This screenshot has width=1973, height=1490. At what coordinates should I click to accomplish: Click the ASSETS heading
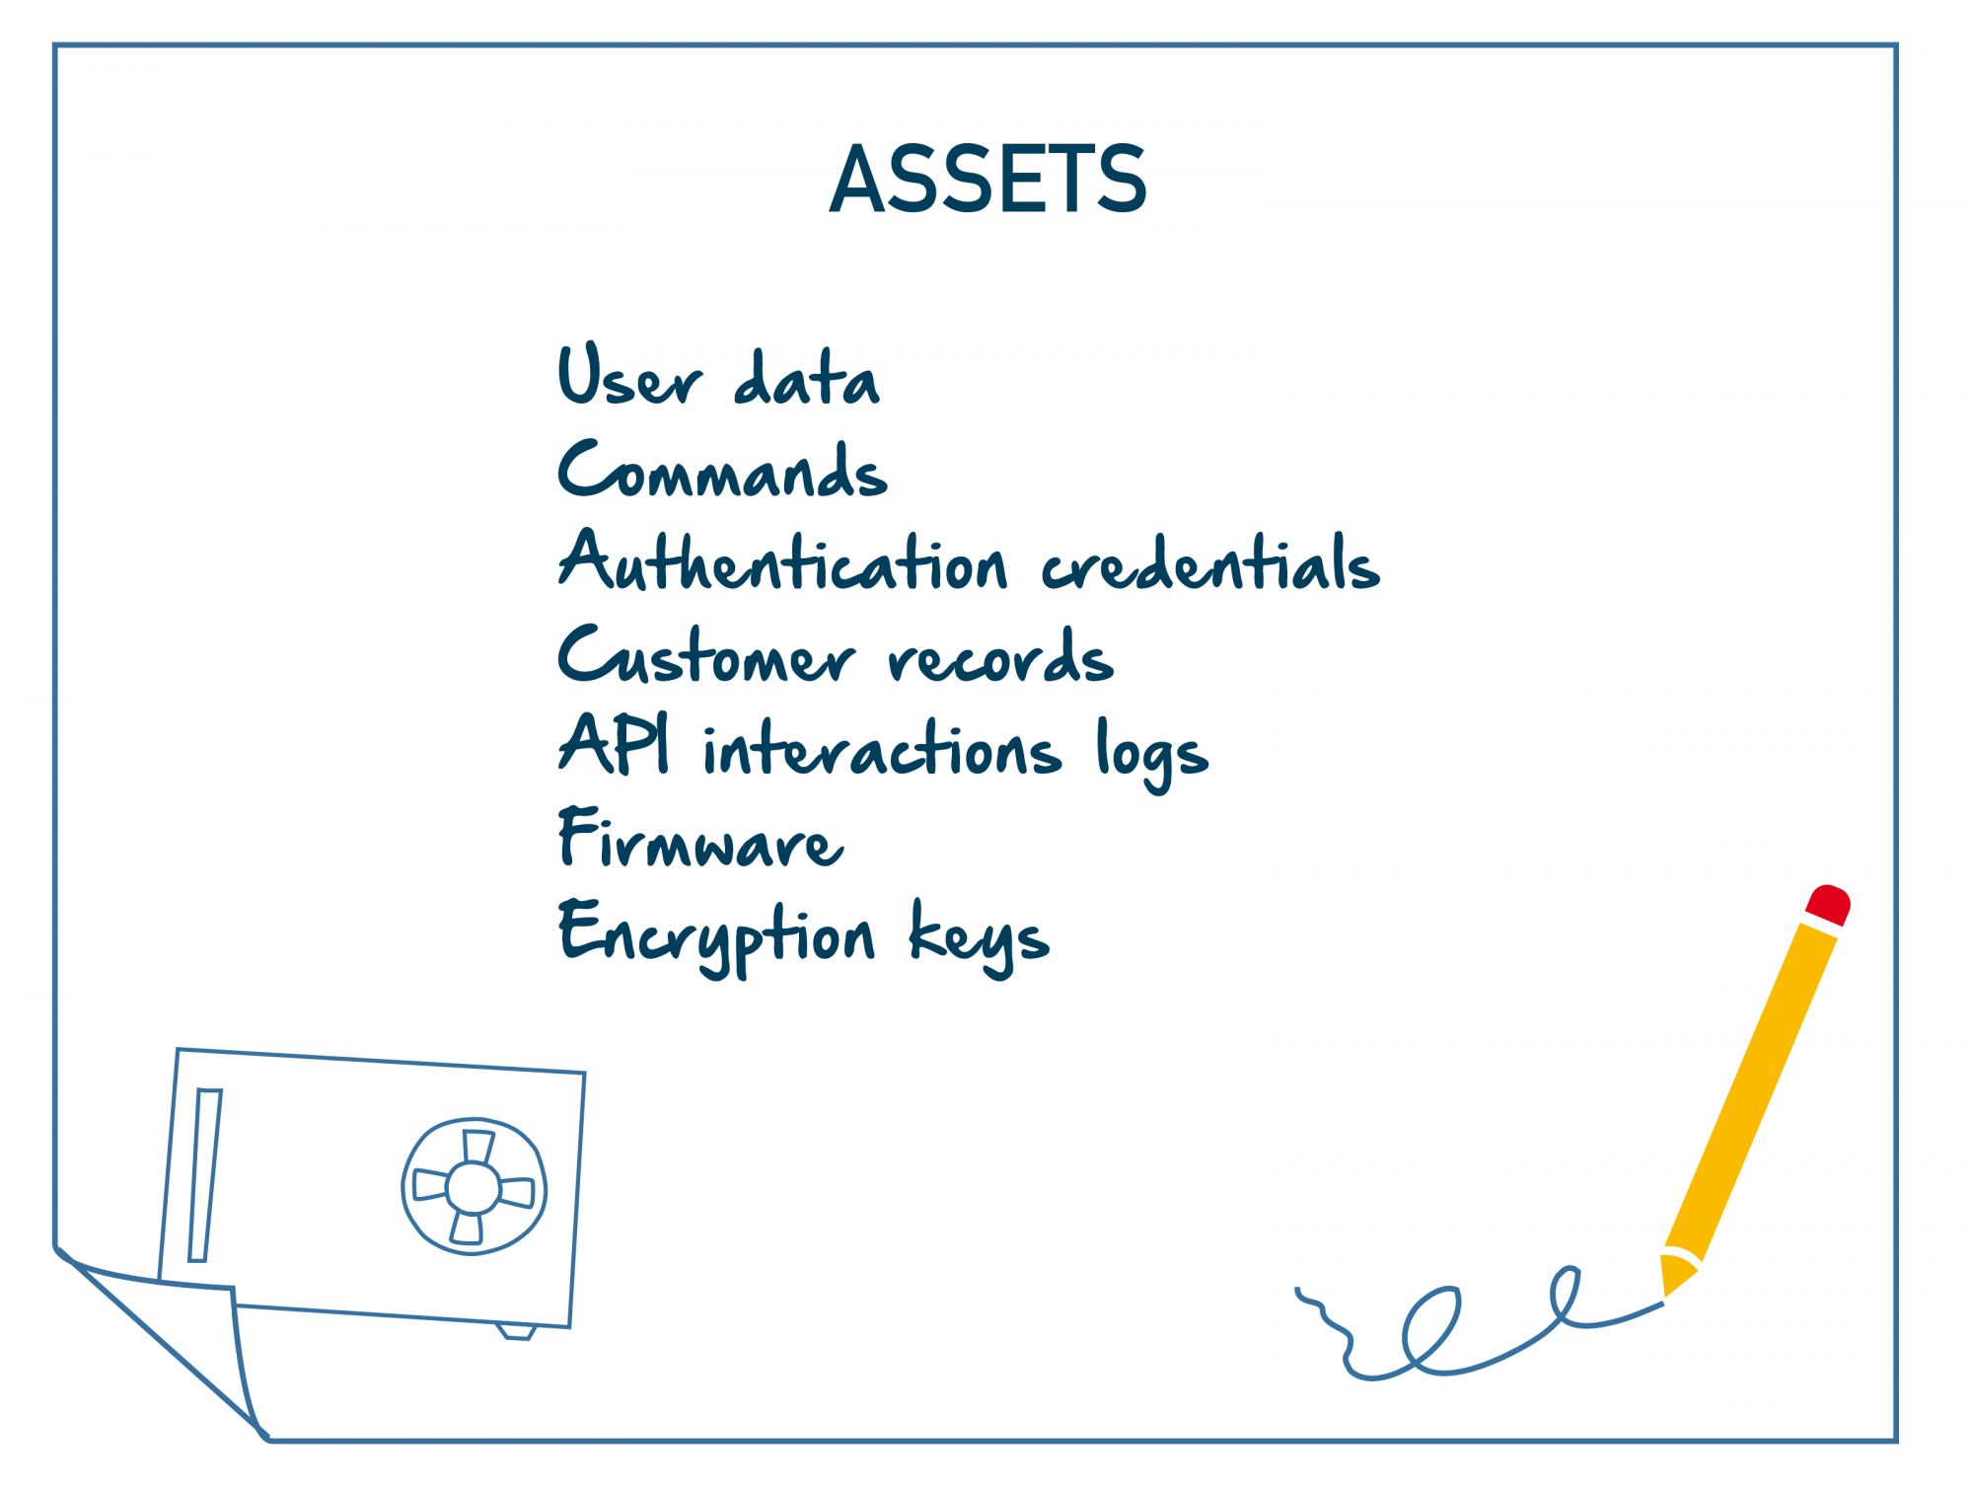(x=987, y=179)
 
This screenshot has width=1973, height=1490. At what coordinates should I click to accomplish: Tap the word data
(x=807, y=377)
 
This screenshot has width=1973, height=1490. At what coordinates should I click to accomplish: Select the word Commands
(x=723, y=468)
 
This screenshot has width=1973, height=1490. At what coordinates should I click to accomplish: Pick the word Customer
(x=706, y=653)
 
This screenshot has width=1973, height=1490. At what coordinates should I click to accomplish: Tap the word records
(x=1000, y=655)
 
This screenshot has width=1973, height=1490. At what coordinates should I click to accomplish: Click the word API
(x=614, y=742)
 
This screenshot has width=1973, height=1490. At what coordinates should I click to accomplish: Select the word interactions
(x=883, y=746)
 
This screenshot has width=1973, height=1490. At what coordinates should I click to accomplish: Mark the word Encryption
(x=716, y=937)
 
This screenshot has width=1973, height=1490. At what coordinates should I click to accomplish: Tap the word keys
(x=980, y=937)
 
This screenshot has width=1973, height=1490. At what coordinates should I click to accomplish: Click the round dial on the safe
(x=474, y=1186)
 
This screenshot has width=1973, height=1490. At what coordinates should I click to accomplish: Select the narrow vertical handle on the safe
(x=204, y=1175)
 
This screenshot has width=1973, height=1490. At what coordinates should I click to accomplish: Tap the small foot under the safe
(x=516, y=1331)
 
